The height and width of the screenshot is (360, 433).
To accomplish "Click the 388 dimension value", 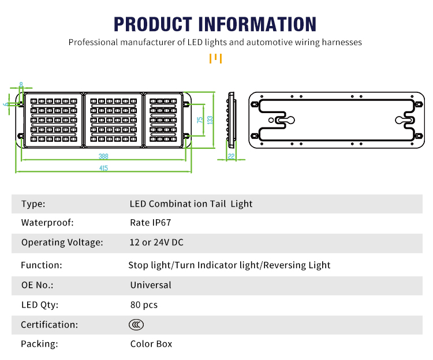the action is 103,156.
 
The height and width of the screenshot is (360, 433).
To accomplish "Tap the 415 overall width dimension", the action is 103,168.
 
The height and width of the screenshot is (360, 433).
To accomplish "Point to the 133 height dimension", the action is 210,120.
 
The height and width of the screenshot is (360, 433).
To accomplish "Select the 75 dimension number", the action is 200,120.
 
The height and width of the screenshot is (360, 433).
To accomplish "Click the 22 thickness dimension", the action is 231,156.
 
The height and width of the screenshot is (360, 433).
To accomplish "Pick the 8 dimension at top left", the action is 21,85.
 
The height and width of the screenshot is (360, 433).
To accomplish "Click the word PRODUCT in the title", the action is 153,24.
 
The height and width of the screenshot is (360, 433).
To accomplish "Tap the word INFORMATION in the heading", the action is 257,24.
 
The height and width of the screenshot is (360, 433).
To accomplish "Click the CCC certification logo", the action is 136,325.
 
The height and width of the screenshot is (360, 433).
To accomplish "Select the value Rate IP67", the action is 151,223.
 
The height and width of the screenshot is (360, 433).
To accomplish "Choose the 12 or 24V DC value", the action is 156,242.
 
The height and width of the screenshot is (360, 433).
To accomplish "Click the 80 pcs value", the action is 144,305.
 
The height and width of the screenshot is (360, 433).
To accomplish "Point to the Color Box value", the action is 151,344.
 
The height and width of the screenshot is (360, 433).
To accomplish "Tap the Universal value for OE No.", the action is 151,285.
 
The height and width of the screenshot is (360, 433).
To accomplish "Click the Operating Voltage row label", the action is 62,242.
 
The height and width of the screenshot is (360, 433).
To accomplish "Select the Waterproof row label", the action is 47,223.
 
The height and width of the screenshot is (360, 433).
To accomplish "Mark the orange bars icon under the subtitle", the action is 216,58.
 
